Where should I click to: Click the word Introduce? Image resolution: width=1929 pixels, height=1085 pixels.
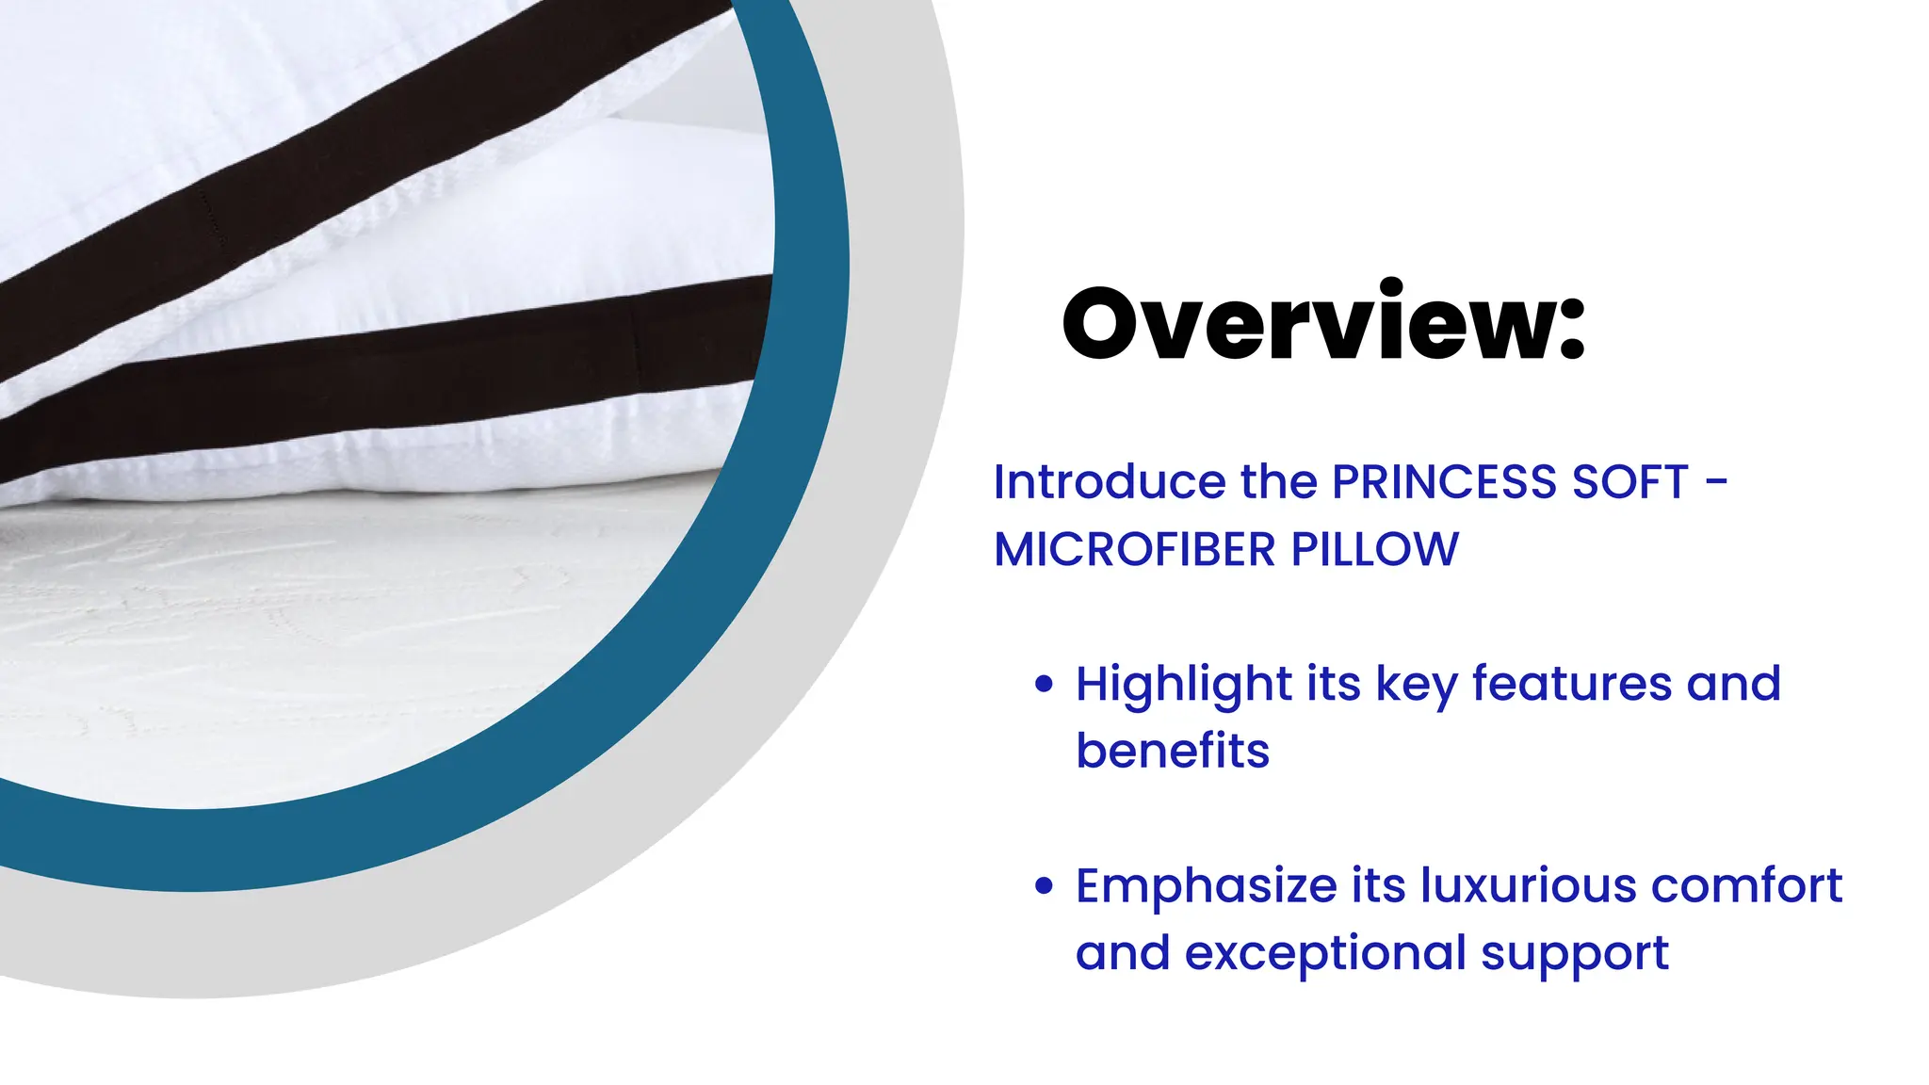pyautogui.click(x=1110, y=482)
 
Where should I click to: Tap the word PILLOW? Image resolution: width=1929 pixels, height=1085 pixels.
pyautogui.click(x=1374, y=549)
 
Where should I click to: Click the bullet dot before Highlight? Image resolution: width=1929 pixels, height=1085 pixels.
pyautogui.click(x=1043, y=684)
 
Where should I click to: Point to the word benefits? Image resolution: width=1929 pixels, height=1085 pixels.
pyautogui.click(x=1173, y=751)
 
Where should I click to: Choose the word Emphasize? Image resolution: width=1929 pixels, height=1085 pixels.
pyautogui.click(x=1207, y=887)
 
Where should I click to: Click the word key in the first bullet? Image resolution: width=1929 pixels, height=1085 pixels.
pyautogui.click(x=1416, y=686)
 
